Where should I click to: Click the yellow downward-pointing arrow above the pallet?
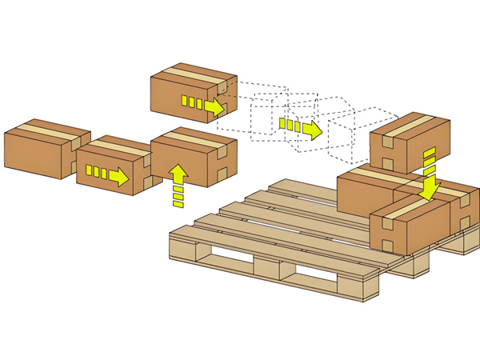[430, 173]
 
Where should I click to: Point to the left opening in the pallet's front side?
[232, 257]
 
